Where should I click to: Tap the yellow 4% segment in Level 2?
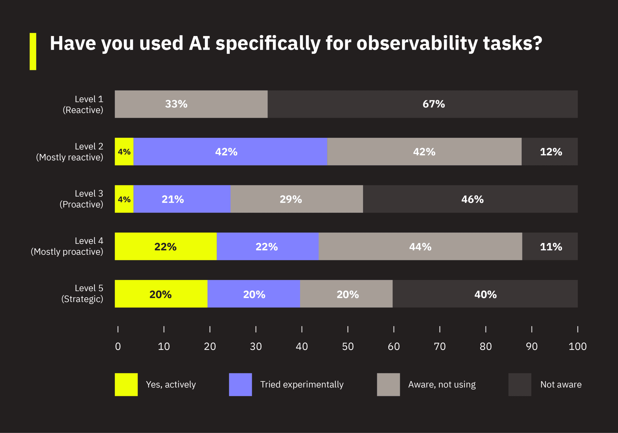tap(124, 152)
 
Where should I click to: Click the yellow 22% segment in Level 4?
tap(166, 246)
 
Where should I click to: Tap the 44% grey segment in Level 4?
tap(420, 246)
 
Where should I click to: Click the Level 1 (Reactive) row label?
tap(84, 105)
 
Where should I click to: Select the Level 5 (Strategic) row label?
tap(82, 293)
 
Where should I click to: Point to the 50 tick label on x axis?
tap(348, 346)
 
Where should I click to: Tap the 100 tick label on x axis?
tap(577, 346)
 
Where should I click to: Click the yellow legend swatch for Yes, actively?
tap(126, 384)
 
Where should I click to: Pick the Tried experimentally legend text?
tap(302, 384)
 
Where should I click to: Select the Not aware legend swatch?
tap(520, 384)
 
